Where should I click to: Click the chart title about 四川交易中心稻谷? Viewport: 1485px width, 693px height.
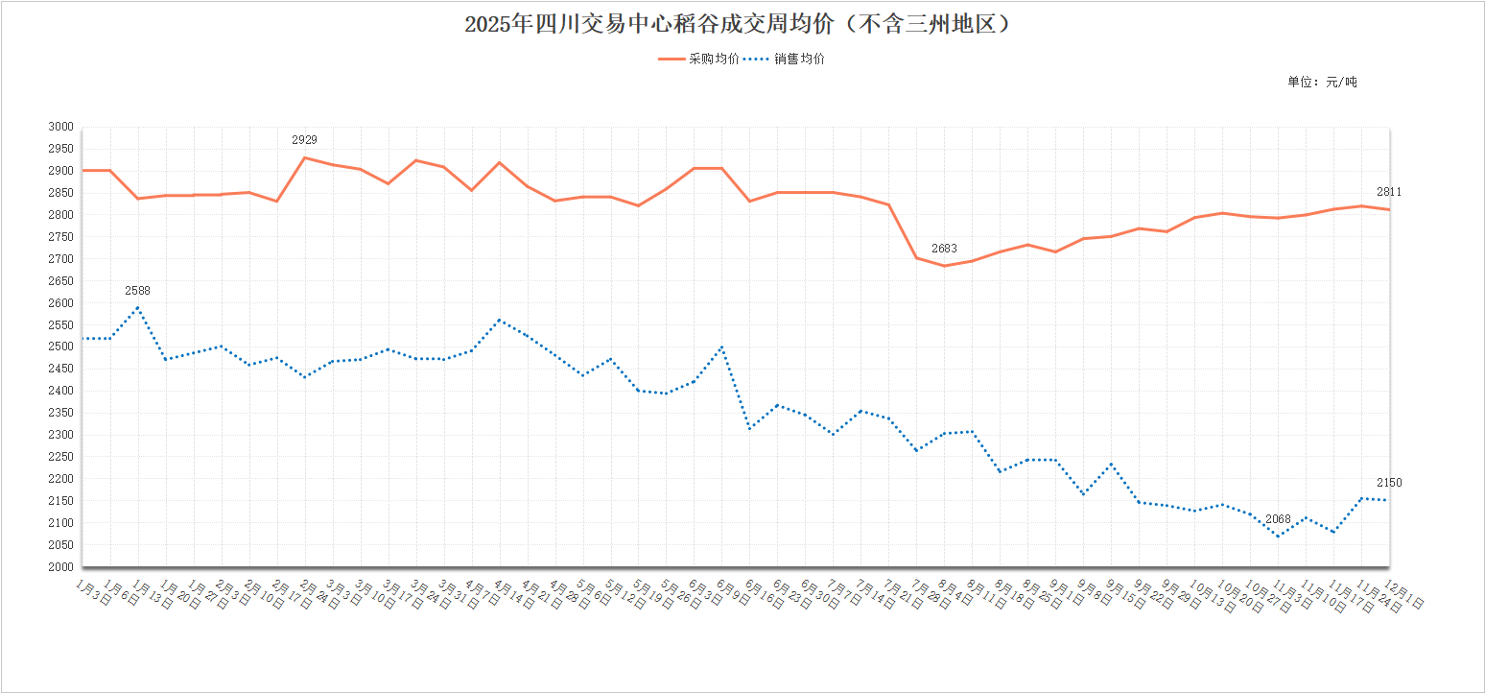[738, 24]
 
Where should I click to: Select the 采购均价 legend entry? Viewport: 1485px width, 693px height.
[699, 59]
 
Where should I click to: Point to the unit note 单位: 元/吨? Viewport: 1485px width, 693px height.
[1322, 82]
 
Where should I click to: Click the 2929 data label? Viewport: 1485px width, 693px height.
[304, 140]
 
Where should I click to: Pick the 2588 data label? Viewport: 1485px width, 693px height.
[137, 291]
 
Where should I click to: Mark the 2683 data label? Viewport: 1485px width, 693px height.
[944, 249]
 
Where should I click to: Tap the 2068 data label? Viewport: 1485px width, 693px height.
[1278, 519]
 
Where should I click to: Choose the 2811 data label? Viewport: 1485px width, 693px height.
[1388, 192]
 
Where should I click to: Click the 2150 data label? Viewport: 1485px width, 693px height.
[1388, 483]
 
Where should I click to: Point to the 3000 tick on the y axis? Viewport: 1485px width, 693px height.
[60, 127]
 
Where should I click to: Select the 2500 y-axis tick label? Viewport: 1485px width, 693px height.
[60, 346]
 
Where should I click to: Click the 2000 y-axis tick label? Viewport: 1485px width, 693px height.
[60, 567]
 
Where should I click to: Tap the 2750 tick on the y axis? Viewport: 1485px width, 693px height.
[60, 237]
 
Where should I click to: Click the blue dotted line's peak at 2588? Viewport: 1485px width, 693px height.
[138, 307]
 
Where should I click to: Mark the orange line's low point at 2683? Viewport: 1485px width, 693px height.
[944, 266]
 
